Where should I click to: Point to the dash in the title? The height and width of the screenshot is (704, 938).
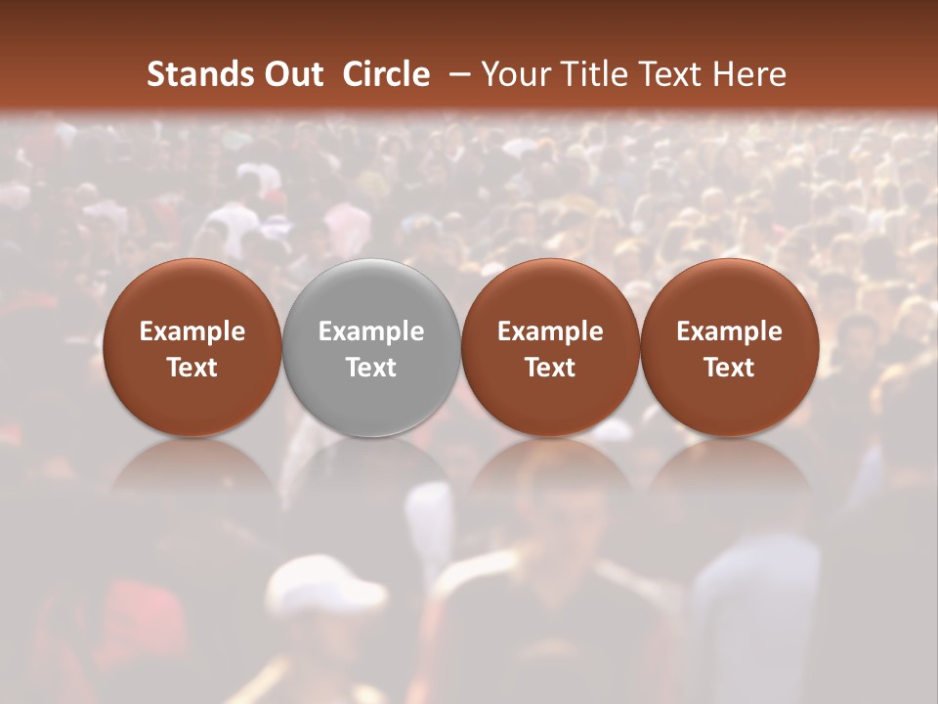click(460, 74)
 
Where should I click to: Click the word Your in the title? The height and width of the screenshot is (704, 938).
click(512, 74)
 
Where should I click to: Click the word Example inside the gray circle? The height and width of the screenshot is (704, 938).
click(371, 331)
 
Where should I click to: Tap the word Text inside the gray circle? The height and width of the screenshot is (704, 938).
click(371, 368)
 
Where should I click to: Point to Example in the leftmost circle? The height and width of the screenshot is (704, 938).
click(192, 331)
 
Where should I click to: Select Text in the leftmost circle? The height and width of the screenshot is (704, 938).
click(192, 368)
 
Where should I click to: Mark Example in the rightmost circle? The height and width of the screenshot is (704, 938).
click(730, 331)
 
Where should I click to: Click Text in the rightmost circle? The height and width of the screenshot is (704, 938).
click(730, 368)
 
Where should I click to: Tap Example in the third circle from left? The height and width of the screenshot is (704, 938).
click(550, 331)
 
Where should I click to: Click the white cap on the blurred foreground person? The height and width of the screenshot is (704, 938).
click(318, 587)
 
